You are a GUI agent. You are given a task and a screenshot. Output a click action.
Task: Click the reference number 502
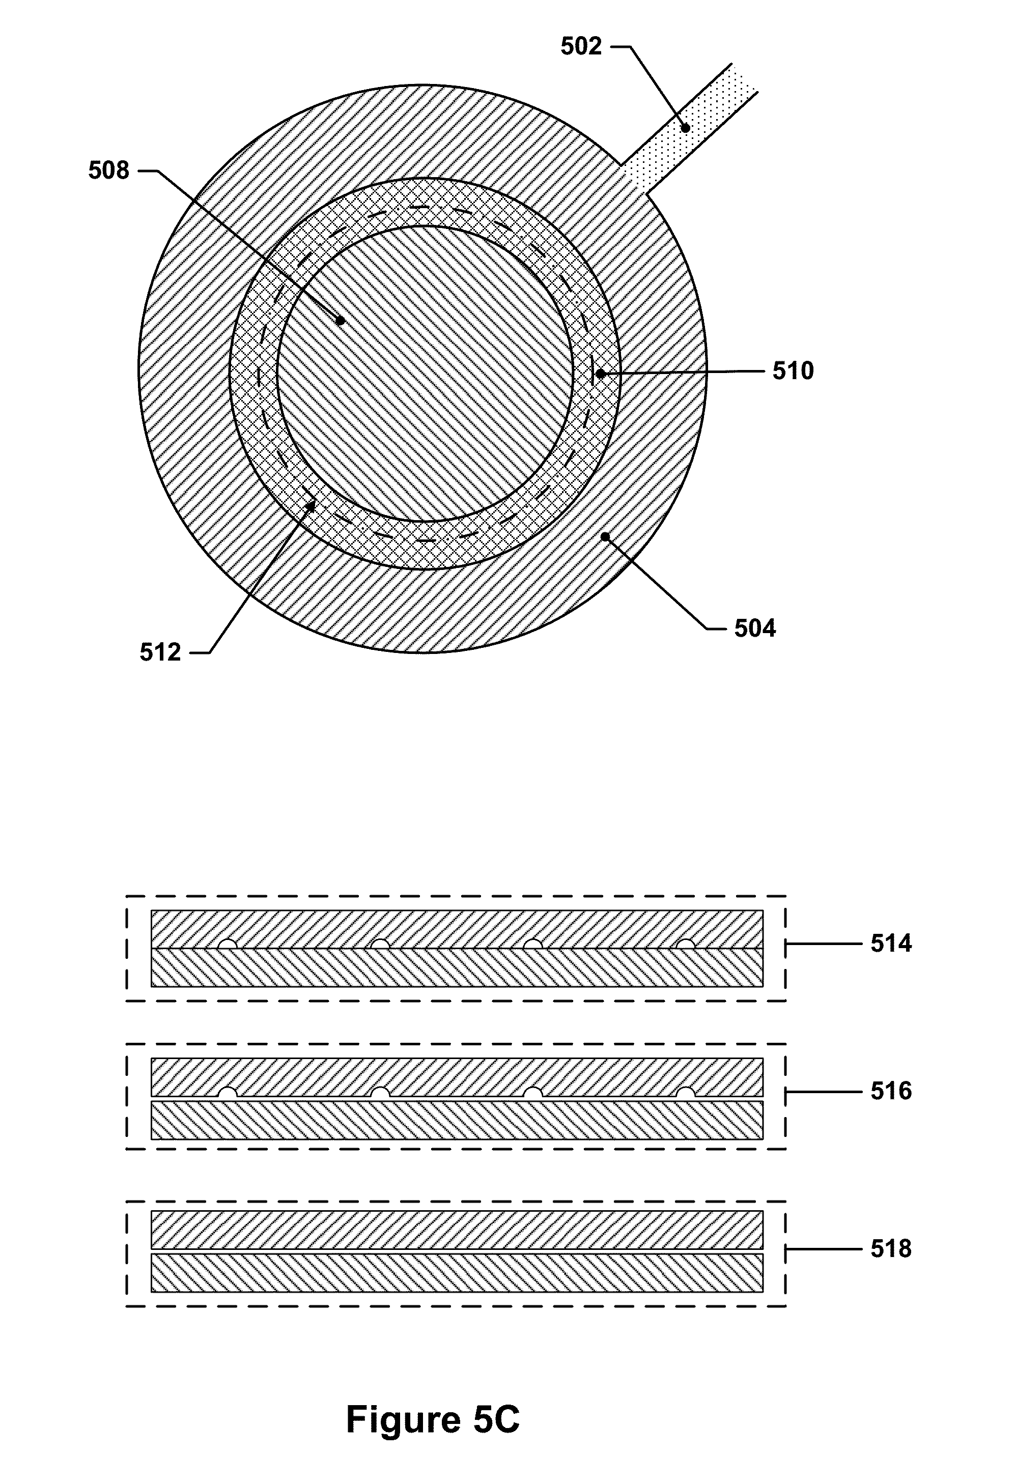coord(581,47)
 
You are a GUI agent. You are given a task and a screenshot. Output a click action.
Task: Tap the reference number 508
coord(108,170)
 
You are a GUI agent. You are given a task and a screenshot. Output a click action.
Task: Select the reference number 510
coord(793,371)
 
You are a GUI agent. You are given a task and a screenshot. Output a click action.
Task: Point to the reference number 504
coord(754,629)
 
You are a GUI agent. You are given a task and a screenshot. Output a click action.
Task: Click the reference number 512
coord(160,652)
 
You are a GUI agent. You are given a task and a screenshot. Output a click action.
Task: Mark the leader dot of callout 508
coord(341,321)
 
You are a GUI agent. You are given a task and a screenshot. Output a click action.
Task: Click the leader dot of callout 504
coord(604,537)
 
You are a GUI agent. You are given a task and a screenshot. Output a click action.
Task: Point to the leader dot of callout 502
coord(685,128)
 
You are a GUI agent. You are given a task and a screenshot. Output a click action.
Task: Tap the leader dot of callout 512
coord(311,505)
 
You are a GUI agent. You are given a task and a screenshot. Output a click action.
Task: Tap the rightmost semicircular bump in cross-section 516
coord(685,1093)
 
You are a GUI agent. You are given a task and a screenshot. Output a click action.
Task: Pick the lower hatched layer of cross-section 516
coord(457,1120)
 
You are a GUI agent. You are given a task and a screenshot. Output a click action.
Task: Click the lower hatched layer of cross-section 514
coord(457,967)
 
